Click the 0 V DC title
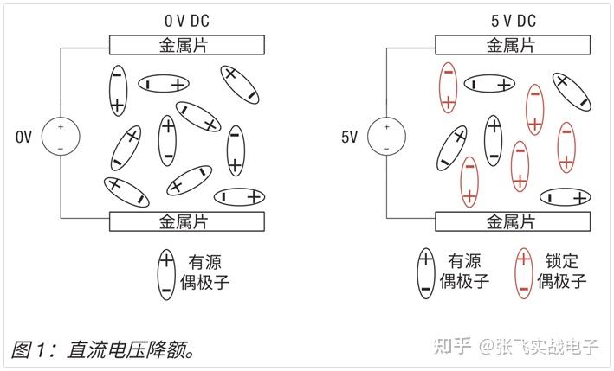tap(185, 19)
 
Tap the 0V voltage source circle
tap(61, 137)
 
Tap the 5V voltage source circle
tap(386, 137)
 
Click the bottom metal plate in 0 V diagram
tap(185, 221)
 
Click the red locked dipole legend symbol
tap(523, 273)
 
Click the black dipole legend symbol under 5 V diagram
tap(425, 273)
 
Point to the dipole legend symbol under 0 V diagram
tap(165, 273)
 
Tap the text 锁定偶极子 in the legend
tap(562, 271)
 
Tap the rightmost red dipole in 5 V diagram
tap(566, 147)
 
